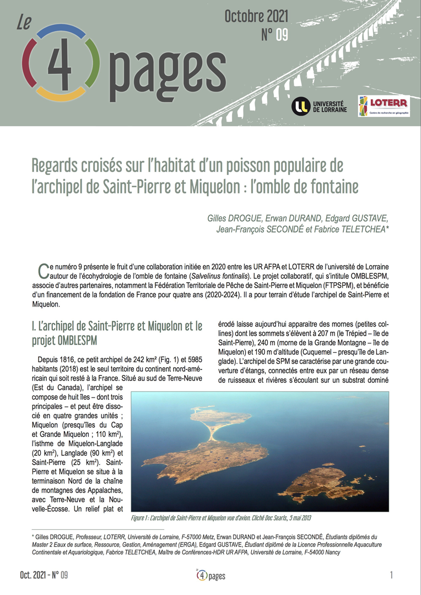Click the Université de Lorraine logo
pos(318,106)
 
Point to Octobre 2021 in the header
pos(256,18)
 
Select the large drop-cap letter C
pos(42,270)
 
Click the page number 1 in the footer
pos(391,576)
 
